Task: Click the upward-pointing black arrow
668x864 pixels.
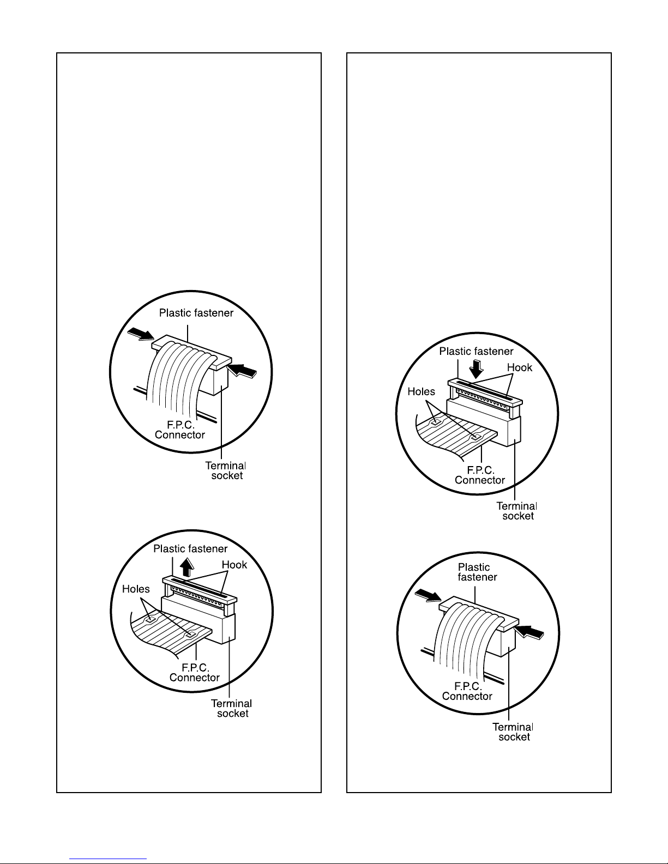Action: tap(186, 567)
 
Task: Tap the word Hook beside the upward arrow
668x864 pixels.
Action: tap(234, 565)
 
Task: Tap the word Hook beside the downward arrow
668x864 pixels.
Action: tap(519, 367)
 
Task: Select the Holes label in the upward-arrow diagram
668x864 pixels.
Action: tap(136, 589)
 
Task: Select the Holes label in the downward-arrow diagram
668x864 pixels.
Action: tap(421, 391)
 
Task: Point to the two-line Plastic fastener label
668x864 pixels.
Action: tap(477, 572)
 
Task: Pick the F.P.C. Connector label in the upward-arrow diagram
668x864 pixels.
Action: tap(195, 672)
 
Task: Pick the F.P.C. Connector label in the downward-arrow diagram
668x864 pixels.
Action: tap(479, 475)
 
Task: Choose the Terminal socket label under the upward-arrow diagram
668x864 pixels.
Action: tap(231, 709)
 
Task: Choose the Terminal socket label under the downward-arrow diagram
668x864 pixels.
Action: tap(517, 511)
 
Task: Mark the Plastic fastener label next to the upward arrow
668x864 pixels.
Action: tap(190, 549)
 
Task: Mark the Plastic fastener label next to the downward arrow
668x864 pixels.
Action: tap(476, 351)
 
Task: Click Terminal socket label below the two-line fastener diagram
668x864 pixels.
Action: tap(513, 732)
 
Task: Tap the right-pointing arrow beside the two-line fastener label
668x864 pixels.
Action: tap(428, 596)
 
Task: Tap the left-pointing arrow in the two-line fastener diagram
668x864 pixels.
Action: tap(529, 632)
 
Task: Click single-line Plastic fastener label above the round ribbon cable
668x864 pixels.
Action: tap(196, 313)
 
